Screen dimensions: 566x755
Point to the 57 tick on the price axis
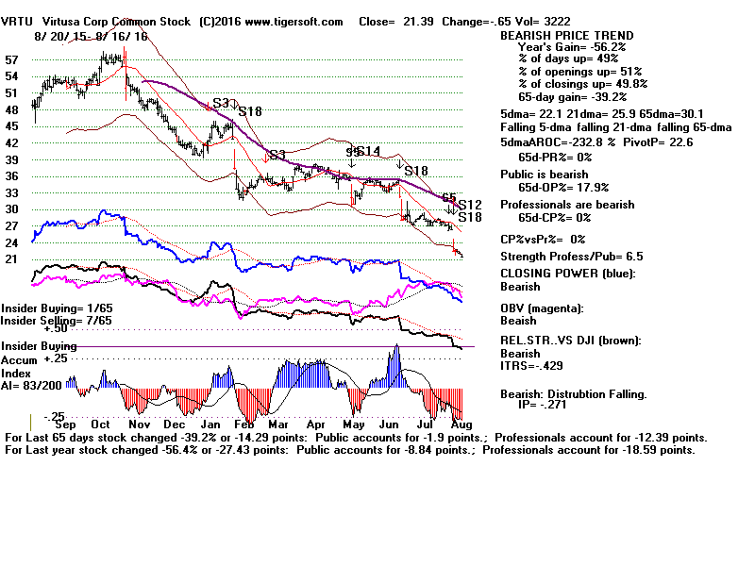click(12, 59)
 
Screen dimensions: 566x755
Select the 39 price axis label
click(12, 159)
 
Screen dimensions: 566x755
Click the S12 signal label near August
click(470, 205)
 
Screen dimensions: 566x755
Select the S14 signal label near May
click(368, 151)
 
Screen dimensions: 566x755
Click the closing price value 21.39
click(443, 21)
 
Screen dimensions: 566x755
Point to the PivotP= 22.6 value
click(655, 142)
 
